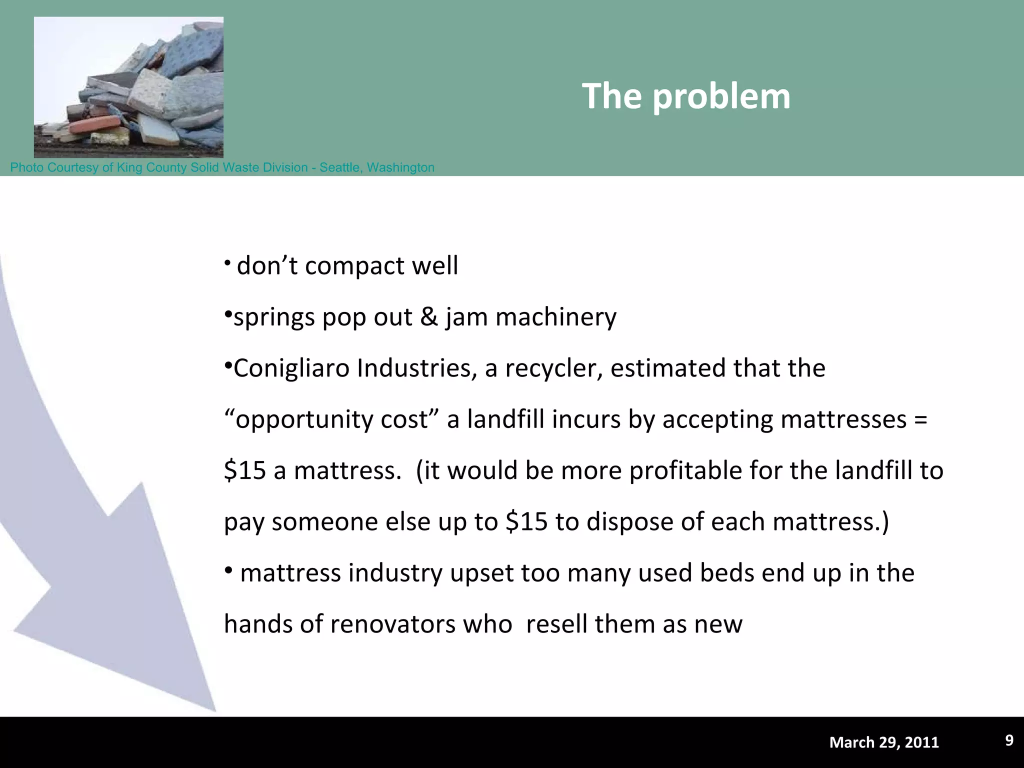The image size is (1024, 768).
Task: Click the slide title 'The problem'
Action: (686, 96)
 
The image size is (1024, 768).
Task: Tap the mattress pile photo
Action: (128, 87)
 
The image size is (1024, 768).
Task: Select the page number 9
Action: (1009, 740)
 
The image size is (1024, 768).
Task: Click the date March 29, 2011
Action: (884, 742)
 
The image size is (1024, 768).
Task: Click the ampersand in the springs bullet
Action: (429, 317)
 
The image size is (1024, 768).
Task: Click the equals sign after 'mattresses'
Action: (920, 419)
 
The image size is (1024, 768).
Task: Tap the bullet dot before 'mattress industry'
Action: (228, 571)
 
